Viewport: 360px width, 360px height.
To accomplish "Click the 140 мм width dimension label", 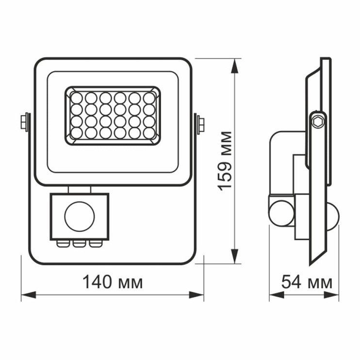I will pos(112,282).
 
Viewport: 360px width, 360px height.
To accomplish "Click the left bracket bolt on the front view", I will pos(25,122).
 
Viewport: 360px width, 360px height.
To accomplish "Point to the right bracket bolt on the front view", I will pos(199,122).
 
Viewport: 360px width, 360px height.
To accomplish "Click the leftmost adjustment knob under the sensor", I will pos(62,243).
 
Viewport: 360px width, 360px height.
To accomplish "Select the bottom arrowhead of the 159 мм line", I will pos(235,257).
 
